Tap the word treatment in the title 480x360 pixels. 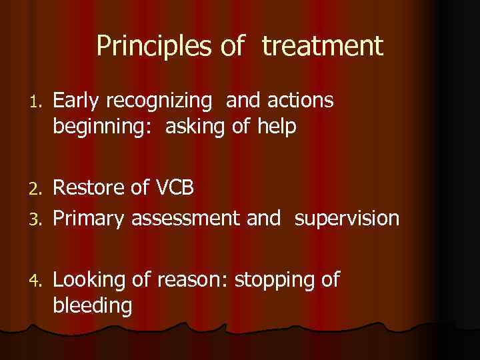pos(323,47)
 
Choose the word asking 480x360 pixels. pos(196,127)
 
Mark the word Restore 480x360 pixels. pos(90,189)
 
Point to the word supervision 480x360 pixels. pos(347,218)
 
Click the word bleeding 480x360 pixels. pos(91,306)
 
